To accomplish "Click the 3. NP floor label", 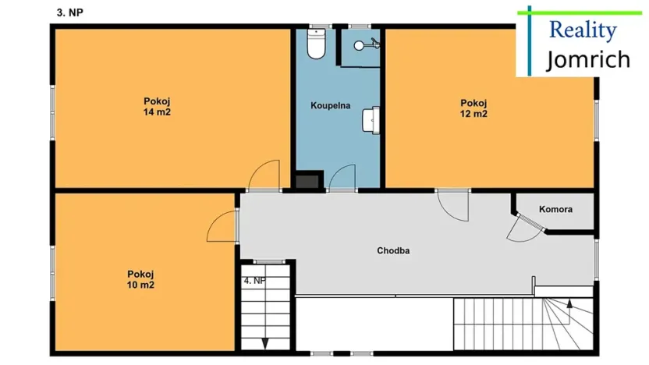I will pyautogui.click(x=70, y=12).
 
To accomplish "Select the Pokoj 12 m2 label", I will pyautogui.click(x=473, y=108).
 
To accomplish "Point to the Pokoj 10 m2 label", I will pyautogui.click(x=140, y=279).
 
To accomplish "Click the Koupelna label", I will pyautogui.click(x=330, y=105).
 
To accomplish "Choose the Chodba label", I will pyautogui.click(x=393, y=251).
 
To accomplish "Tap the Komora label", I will pyautogui.click(x=556, y=210).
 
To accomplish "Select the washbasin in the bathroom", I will pyautogui.click(x=371, y=119).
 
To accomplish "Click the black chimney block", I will pyautogui.click(x=307, y=180).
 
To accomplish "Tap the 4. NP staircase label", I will pyautogui.click(x=254, y=280).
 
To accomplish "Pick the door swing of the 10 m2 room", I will pyautogui.click(x=222, y=225).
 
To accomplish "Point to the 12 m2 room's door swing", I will pyautogui.click(x=452, y=205).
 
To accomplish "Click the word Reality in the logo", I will pyautogui.click(x=583, y=30).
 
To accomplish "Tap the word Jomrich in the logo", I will pyautogui.click(x=587, y=59).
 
